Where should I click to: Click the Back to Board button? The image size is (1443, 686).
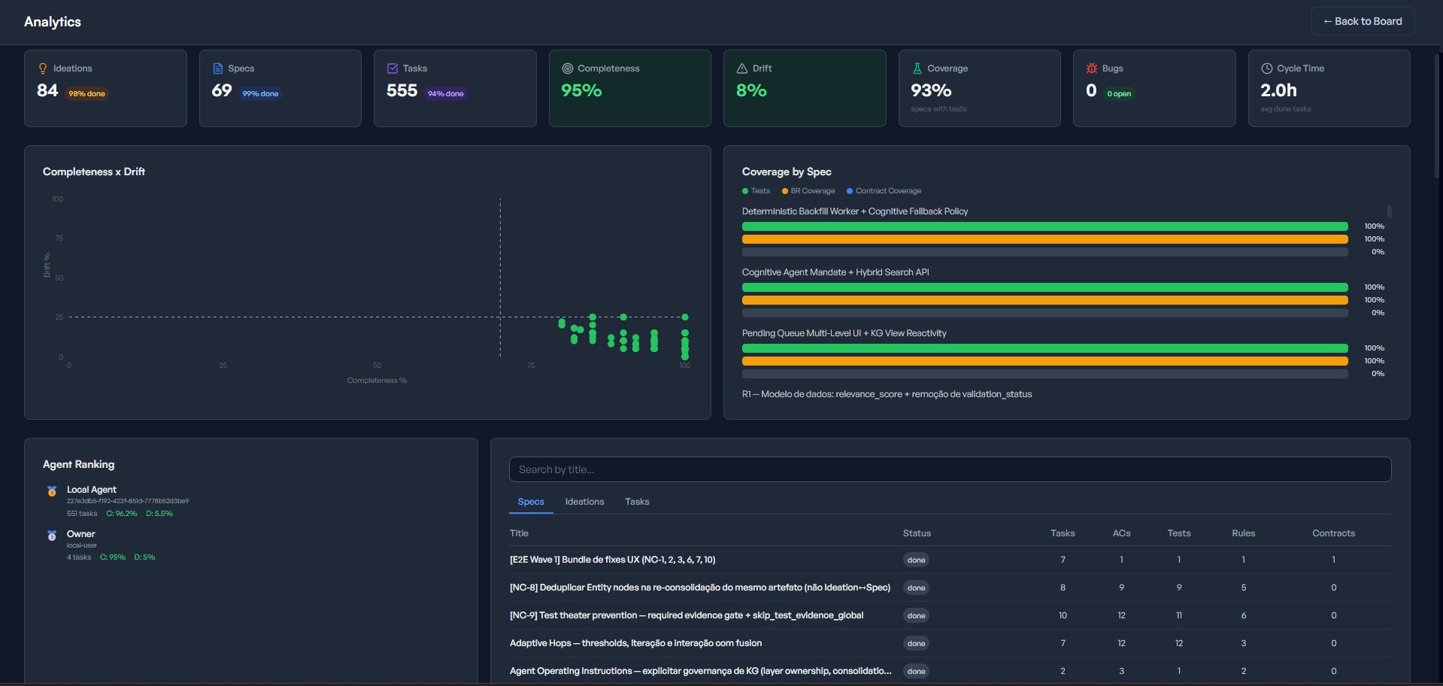[1363, 21]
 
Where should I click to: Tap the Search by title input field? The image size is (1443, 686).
[950, 469]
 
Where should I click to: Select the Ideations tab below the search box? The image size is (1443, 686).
[584, 502]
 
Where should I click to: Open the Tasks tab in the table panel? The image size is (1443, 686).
[637, 502]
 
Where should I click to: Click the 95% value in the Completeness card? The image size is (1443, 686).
[581, 90]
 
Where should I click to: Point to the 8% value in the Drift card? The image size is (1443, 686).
[751, 90]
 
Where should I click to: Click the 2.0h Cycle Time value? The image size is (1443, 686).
[1278, 90]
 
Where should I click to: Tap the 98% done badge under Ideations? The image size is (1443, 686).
[86, 94]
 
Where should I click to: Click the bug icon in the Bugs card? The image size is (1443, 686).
[1092, 68]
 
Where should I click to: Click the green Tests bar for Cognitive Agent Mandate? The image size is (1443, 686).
[1044, 287]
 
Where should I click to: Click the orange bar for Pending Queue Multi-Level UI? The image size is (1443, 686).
[1044, 361]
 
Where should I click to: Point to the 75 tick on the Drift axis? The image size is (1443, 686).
[59, 238]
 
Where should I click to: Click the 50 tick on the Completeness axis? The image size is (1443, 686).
[377, 366]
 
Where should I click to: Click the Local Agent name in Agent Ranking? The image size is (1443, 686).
[92, 490]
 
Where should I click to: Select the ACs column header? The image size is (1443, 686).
[1121, 533]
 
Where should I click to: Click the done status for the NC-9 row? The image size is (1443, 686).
[916, 615]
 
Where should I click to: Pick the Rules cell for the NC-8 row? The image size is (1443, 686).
[1243, 587]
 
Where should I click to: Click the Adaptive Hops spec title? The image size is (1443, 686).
[635, 643]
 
